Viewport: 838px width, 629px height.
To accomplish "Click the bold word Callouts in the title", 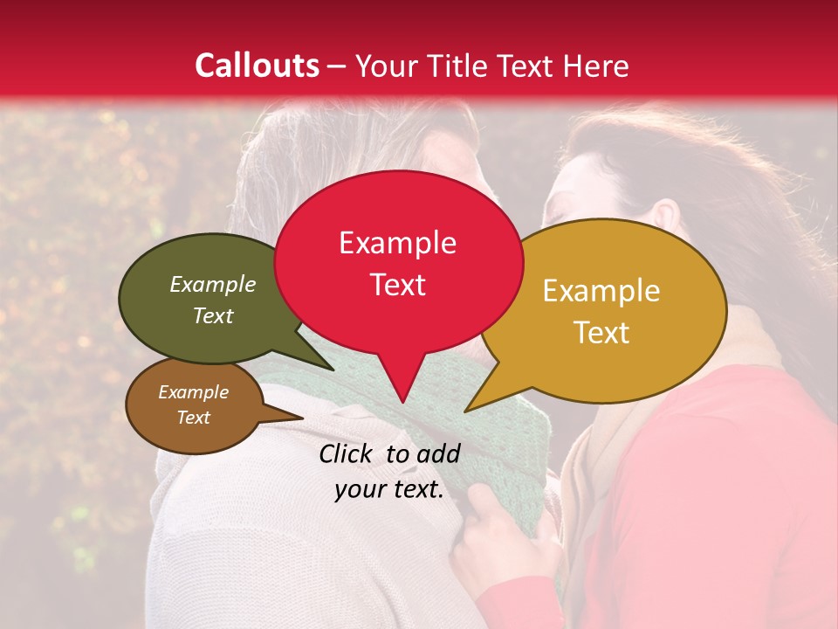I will point(257,66).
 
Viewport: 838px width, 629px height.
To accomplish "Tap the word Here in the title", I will point(597,66).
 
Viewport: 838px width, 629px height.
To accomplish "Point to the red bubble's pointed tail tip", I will point(402,403).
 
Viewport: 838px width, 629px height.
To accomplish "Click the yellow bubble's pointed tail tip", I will point(466,411).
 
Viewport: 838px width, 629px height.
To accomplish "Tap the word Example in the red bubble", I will point(397,243).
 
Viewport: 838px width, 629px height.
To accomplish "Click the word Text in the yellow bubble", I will point(601,332).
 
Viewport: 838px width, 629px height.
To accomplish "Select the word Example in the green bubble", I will point(212,285).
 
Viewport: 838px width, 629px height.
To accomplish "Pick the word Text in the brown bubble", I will point(193,418).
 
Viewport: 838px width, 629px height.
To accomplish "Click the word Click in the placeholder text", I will point(347,453).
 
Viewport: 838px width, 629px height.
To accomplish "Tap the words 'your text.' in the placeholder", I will point(389,490).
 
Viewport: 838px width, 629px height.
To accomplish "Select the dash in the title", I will point(337,66).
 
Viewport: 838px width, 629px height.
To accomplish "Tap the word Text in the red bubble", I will point(397,285).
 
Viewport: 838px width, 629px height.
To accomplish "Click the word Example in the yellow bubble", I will point(601,291).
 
